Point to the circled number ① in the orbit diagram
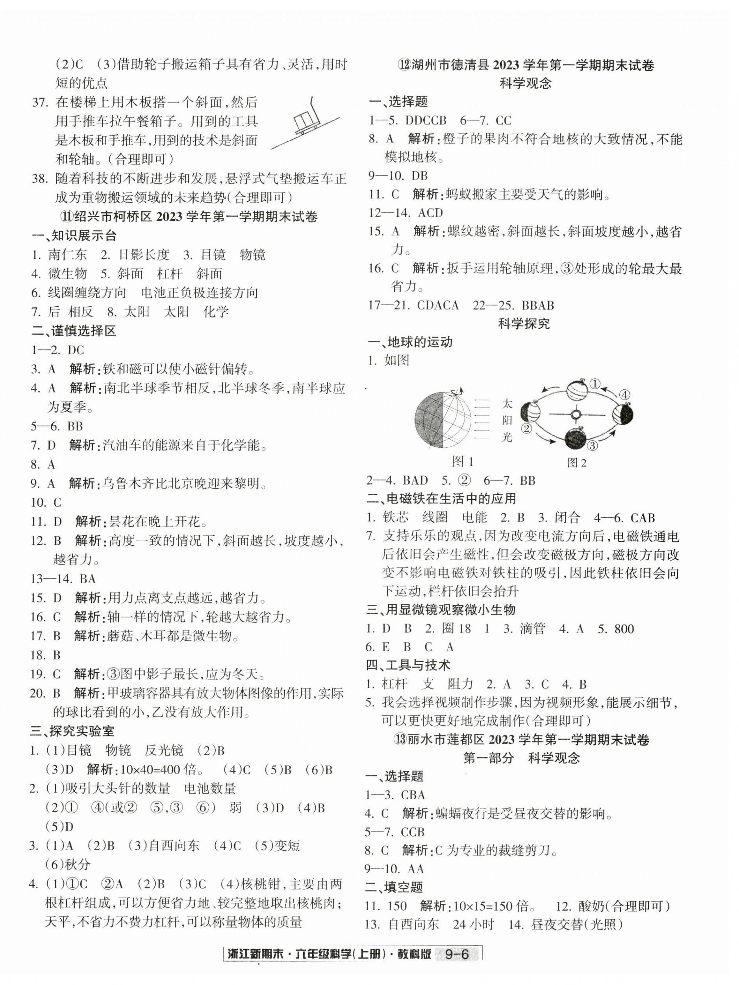point(595,383)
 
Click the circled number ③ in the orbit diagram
point(593,446)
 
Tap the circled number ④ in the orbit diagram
point(624,394)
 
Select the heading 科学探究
point(524,324)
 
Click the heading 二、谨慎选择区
point(74,330)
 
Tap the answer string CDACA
point(438,305)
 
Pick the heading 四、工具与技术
point(408,665)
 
